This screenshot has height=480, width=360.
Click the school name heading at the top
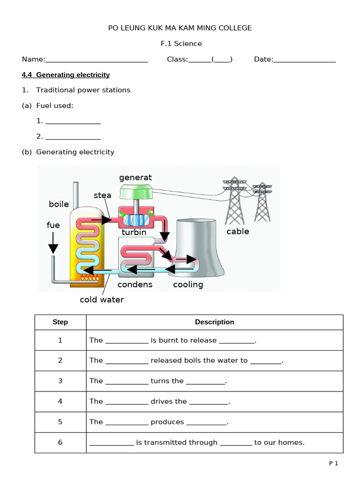180,28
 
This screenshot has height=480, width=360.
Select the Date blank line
304,60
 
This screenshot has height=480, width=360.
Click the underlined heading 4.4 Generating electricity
66,75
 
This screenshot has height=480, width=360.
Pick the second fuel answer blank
73,137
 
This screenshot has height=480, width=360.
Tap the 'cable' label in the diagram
238,232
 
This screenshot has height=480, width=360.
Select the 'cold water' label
102,300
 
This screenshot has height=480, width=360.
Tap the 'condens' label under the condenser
135,285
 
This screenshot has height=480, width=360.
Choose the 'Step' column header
60,322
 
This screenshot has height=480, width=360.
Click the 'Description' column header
214,322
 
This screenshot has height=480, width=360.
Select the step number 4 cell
60,401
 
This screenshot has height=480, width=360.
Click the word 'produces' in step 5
167,422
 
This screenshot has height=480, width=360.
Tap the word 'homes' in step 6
293,442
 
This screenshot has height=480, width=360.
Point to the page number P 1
333,464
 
